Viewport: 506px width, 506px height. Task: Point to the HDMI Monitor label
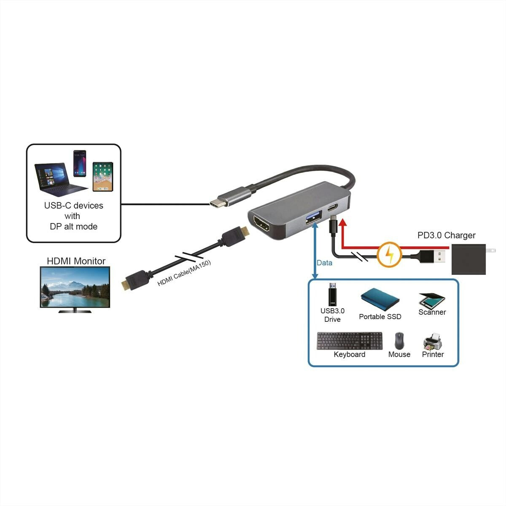pos(76,261)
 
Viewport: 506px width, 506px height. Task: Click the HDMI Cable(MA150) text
pos(184,274)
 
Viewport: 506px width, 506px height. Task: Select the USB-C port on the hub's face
pos(332,208)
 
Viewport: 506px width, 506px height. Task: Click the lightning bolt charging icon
pos(389,254)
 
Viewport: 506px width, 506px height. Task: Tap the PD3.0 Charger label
pos(446,235)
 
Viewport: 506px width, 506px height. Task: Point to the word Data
pos(324,263)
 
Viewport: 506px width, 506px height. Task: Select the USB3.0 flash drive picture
pos(332,296)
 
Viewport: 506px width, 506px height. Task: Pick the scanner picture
pos(431,300)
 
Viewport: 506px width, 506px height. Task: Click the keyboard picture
pos(350,341)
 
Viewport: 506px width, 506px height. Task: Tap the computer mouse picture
pos(399,341)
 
